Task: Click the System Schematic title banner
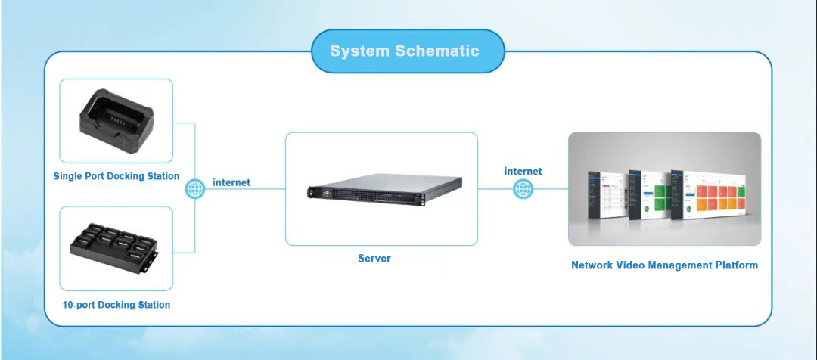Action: pos(407,51)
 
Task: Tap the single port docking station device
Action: pos(117,123)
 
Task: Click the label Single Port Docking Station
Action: pos(116,176)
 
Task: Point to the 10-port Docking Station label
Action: pos(116,305)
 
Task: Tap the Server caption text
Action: pos(374,259)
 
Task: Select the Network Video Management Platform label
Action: pos(664,265)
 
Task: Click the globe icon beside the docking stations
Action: pos(195,188)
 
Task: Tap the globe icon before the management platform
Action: pos(523,188)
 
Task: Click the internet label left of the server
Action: pos(231,182)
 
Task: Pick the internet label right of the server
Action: pos(523,171)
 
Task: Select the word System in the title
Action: pos(359,51)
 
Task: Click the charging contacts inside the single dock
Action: pos(116,119)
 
